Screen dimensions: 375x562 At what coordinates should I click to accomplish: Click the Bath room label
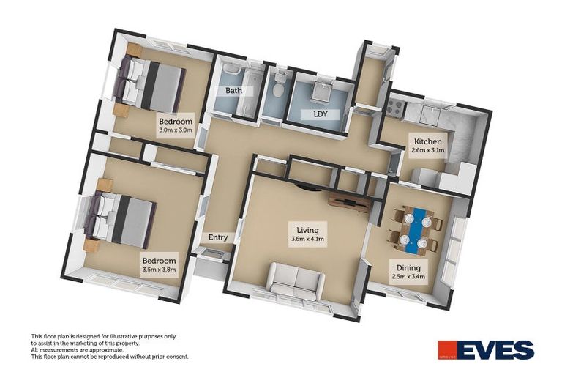[x=233, y=92]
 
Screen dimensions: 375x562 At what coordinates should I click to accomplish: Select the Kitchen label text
[x=427, y=141]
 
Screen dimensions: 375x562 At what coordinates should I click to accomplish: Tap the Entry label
[x=218, y=237]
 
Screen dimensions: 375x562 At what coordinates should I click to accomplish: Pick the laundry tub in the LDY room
[x=321, y=92]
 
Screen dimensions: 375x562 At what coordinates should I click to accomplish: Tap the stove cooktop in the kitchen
[x=396, y=108]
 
